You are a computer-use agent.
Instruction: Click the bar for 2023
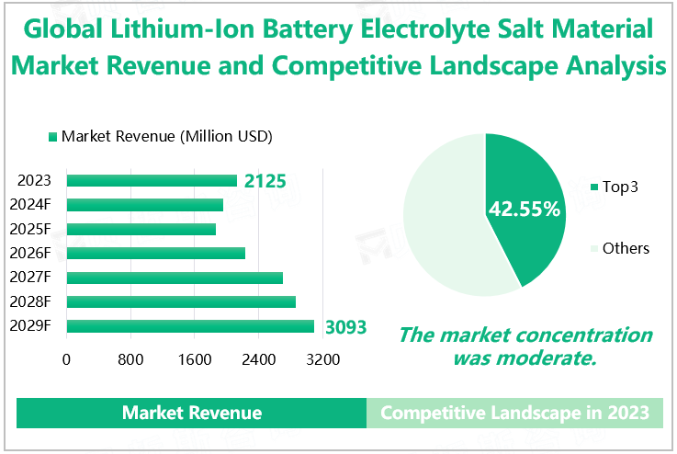click(x=152, y=181)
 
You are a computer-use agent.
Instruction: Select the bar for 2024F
click(x=145, y=205)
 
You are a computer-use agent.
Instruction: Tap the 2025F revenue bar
click(x=141, y=229)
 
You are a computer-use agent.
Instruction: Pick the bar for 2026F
click(x=156, y=253)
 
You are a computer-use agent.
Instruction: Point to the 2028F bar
click(x=181, y=301)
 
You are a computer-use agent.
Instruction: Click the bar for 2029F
click(x=190, y=325)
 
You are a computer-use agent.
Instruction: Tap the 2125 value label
click(x=265, y=181)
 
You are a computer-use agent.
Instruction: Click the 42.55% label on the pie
click(x=524, y=209)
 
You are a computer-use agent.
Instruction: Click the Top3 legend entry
click(x=619, y=187)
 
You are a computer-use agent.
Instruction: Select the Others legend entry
click(x=625, y=248)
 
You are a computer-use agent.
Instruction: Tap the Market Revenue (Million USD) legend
click(x=165, y=137)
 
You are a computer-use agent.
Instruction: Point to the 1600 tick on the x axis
click(x=195, y=359)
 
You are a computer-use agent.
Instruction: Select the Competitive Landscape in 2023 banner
click(x=514, y=414)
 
